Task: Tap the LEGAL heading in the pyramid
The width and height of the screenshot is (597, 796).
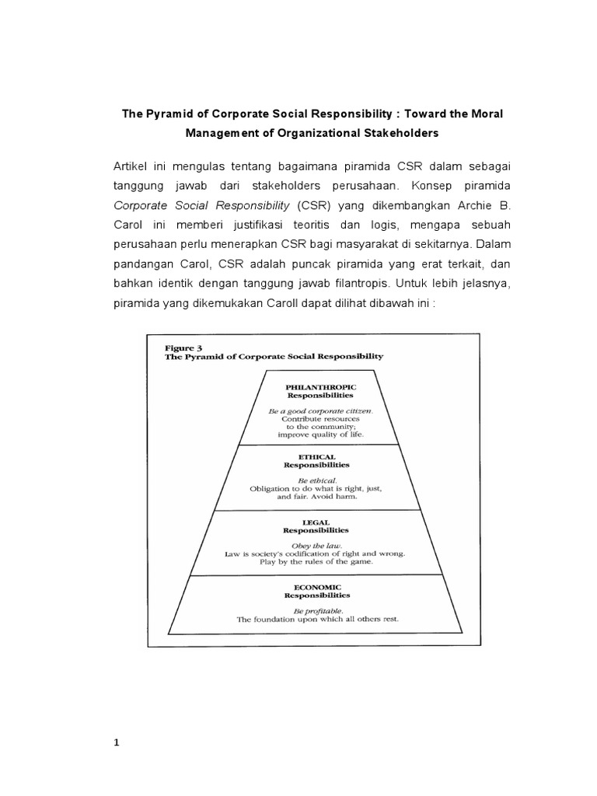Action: point(316,522)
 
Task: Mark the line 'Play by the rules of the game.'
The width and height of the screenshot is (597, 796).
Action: point(316,561)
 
